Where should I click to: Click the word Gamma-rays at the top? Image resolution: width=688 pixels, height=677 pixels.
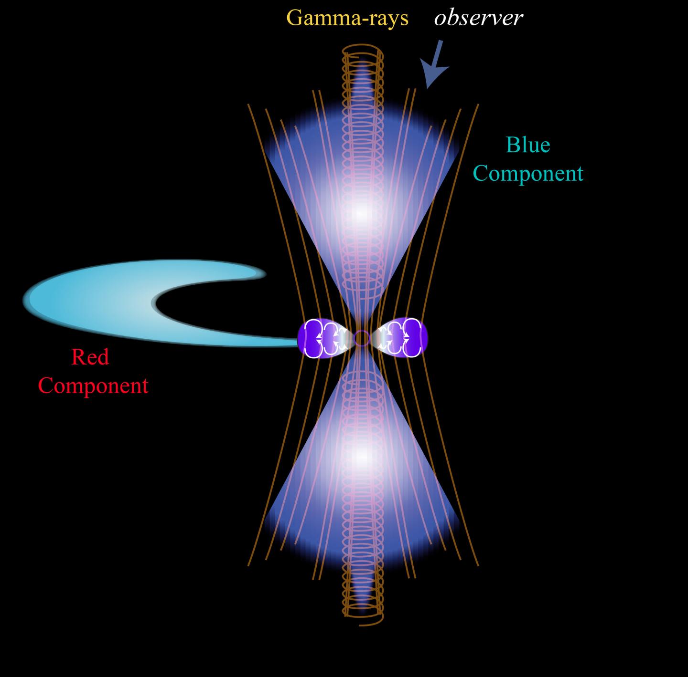[x=347, y=19]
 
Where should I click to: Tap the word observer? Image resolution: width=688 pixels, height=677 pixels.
[x=478, y=19]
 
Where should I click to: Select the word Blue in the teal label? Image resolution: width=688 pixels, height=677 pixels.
[x=528, y=145]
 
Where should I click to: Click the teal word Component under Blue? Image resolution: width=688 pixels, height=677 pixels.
[x=528, y=174]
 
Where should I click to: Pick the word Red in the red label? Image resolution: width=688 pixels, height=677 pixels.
[x=90, y=357]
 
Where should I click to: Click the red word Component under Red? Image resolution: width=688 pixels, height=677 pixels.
[x=93, y=385]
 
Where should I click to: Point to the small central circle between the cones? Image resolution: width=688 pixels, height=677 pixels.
[x=362, y=338]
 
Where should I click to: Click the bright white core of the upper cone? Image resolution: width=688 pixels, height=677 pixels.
[x=362, y=212]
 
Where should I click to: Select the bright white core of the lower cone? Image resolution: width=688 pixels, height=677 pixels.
[x=362, y=457]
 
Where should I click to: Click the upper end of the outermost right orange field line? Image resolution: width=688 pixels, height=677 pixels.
[x=478, y=105]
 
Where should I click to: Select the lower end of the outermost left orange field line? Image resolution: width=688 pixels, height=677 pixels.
[x=249, y=565]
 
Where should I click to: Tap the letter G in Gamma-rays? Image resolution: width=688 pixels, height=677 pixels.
[x=294, y=18]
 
